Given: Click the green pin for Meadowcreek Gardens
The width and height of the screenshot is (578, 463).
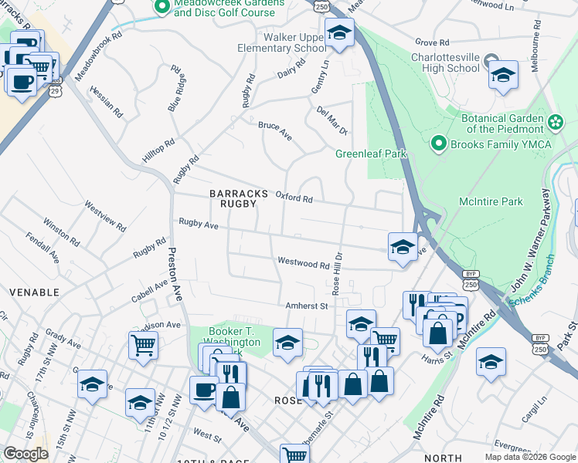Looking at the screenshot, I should [162, 7].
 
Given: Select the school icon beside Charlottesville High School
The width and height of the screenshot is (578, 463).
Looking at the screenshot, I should [503, 75].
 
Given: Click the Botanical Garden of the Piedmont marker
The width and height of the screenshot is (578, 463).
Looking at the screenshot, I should [555, 123].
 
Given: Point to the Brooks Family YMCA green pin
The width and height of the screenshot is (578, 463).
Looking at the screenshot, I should [439, 144].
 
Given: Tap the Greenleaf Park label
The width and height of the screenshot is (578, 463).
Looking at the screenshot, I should [370, 154].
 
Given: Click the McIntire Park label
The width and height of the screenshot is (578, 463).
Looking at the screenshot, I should [491, 202].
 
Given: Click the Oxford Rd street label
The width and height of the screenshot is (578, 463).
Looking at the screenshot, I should [294, 198].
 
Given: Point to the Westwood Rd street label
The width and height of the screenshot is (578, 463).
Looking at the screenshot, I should [304, 264].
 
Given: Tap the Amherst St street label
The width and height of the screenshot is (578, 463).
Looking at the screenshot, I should [307, 306].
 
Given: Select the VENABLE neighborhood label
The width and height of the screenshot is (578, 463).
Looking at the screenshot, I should [34, 292].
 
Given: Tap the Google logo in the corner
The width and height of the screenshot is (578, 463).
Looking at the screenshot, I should [25, 455].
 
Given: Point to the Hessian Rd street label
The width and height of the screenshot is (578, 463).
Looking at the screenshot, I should [106, 100].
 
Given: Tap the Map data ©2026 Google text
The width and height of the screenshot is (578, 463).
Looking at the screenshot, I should [529, 457].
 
